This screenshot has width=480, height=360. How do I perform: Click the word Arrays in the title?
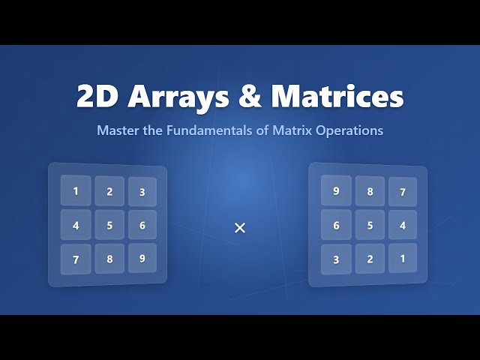point(180,97)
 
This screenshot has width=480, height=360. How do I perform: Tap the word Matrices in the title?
point(337,97)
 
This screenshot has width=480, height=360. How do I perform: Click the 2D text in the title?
point(100,97)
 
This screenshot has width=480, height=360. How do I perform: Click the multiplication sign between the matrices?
point(240,228)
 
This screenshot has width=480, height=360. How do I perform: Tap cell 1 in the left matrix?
point(76,191)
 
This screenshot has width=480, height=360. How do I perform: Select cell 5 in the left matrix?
point(109,225)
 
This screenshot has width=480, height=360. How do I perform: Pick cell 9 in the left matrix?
point(142,258)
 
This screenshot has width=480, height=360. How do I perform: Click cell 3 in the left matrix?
point(142,192)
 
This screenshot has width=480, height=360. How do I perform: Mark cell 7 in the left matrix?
point(76,259)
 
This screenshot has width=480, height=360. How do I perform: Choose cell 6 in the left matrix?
point(142,225)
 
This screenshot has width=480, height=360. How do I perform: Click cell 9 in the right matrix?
point(336,190)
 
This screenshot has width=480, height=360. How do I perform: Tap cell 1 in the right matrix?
point(403,258)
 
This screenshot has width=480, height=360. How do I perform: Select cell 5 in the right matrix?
point(370,225)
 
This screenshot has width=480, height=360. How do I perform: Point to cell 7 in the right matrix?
point(403,192)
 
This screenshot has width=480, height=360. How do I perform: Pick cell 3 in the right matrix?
point(336,259)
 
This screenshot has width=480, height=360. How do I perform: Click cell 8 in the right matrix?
point(370,191)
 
